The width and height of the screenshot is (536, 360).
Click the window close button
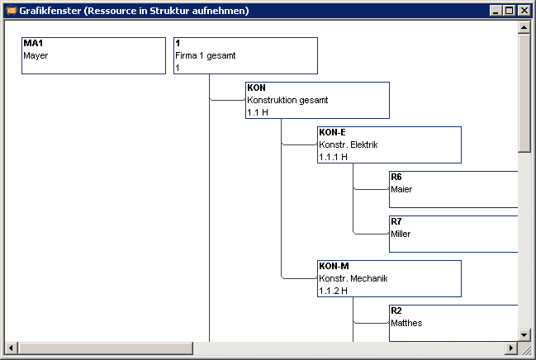[524, 11]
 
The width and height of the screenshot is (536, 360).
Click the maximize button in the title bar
[509, 11]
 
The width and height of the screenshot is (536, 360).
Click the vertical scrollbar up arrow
[524, 27]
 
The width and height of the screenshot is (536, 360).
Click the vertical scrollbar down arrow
[524, 334]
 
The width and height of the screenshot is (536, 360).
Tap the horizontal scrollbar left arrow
[11, 348]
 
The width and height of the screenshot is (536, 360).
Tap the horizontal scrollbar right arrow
[511, 348]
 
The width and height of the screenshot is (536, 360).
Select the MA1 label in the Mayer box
[33, 43]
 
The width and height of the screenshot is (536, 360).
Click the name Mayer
[36, 55]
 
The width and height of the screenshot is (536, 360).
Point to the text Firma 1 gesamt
[205, 55]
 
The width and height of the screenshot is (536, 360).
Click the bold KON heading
[256, 88]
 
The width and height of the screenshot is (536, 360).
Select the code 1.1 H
[258, 112]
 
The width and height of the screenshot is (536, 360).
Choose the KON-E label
[332, 132]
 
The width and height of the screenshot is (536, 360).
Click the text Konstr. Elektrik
[349, 144]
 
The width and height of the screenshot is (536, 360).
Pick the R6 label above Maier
[396, 177]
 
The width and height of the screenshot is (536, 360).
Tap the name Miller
[401, 234]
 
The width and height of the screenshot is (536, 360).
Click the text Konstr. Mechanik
[353, 278]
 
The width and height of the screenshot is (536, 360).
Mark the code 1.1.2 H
[334, 291]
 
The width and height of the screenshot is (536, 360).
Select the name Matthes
[406, 323]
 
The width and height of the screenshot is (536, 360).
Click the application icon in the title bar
[12, 11]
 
